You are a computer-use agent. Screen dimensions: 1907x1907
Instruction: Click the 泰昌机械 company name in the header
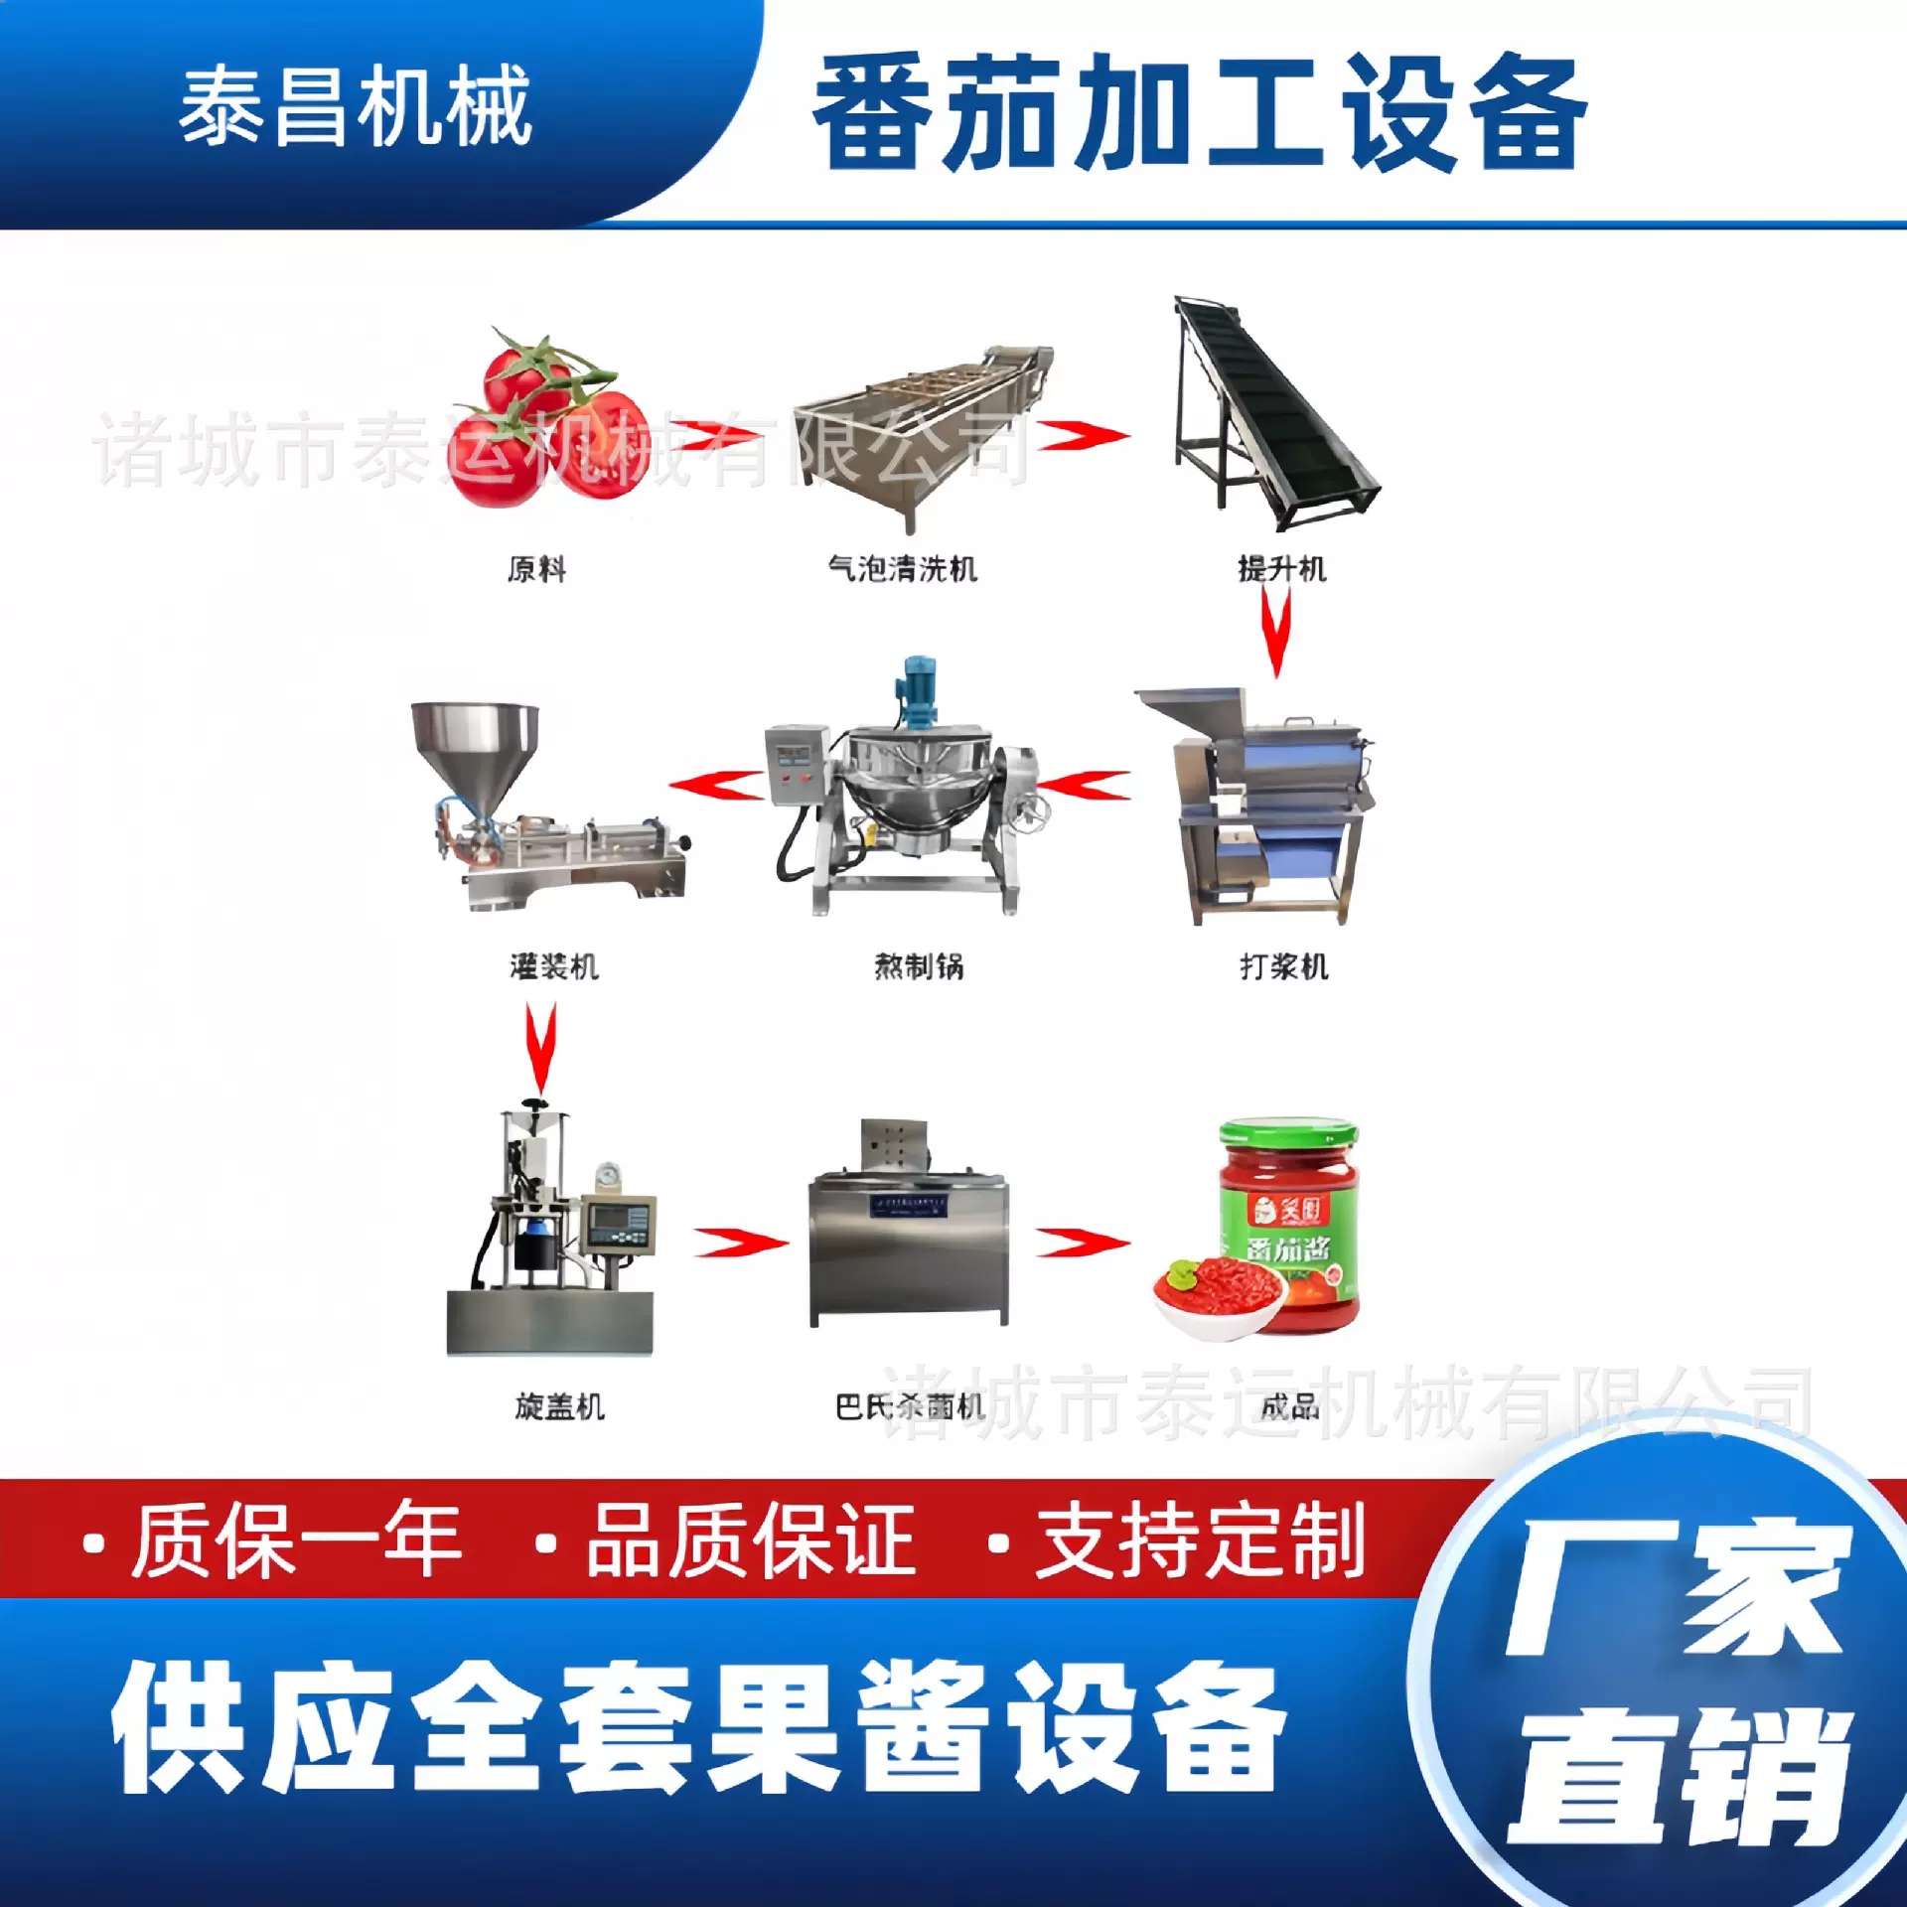(355, 106)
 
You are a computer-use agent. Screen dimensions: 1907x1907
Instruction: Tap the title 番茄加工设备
(1199, 112)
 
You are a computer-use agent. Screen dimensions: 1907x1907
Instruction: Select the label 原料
(536, 569)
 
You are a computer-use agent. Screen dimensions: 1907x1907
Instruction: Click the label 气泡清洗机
(902, 569)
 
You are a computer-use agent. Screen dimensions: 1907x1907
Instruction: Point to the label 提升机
(1281, 569)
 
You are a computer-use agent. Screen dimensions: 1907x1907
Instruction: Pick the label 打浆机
(1283, 965)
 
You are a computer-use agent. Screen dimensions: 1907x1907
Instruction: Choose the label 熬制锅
(919, 965)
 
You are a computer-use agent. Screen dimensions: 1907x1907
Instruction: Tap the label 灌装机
(554, 965)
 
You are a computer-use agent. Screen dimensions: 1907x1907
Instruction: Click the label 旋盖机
(559, 1405)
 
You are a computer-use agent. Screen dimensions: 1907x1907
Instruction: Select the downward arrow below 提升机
(1276, 632)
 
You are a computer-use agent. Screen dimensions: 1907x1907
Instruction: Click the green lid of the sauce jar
(1288, 1133)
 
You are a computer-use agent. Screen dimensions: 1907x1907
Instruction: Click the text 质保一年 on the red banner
(297, 1541)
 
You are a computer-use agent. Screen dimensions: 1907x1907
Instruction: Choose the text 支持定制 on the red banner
(1200, 1541)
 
